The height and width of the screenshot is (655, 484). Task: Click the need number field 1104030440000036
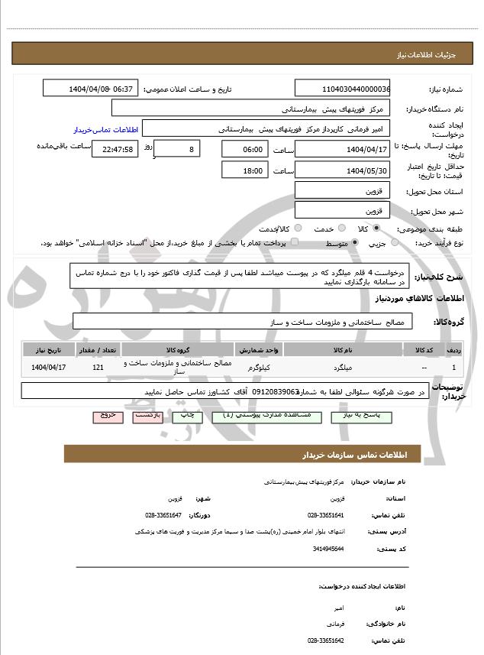pos(343,89)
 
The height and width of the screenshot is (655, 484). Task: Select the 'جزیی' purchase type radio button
pos(395,243)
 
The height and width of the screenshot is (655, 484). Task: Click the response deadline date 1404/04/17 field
pos(343,149)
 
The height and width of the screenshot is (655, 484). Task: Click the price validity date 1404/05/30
pos(343,170)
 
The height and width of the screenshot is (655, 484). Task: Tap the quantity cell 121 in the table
pos(98,368)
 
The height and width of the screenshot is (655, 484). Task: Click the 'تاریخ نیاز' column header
pos(50,349)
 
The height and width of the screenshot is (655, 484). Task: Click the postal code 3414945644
pos(328,548)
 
